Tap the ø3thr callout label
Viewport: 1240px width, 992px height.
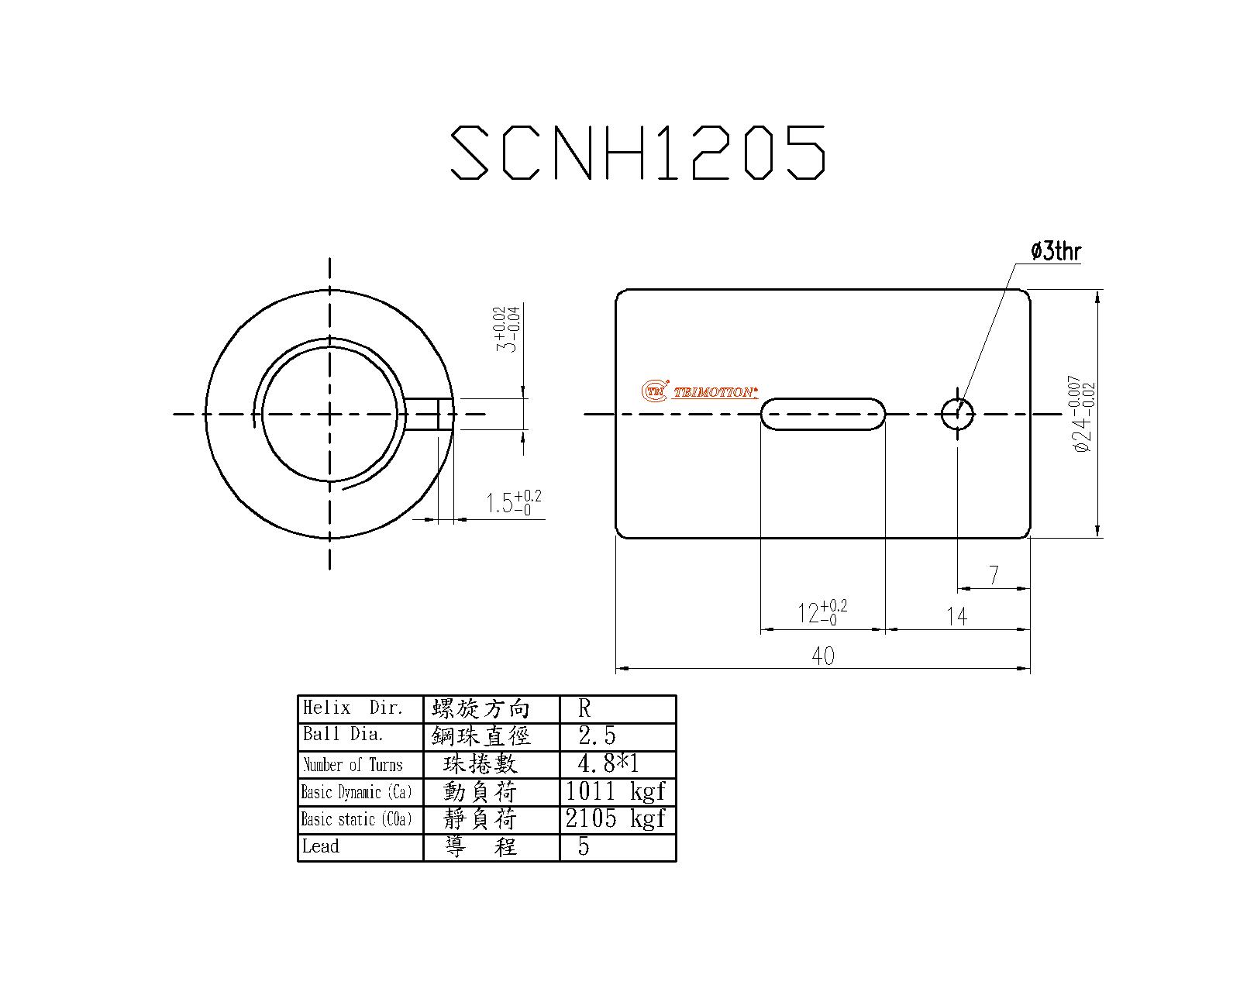(1055, 251)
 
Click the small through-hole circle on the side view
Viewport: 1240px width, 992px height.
(958, 414)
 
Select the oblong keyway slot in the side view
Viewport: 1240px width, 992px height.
(822, 414)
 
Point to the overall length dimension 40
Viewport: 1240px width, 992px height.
(823, 656)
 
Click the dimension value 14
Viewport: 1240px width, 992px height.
(957, 616)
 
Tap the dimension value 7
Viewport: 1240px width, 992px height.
(994, 575)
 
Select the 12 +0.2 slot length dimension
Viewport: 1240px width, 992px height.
(821, 612)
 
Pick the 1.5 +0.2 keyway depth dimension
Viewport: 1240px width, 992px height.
(512, 503)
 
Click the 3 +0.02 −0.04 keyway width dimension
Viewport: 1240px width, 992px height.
(505, 329)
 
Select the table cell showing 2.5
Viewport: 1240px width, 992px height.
(597, 735)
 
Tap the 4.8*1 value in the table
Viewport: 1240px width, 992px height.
(608, 763)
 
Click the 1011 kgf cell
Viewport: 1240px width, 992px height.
(616, 791)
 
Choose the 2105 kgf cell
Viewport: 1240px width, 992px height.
(616, 818)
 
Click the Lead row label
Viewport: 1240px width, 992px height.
(322, 846)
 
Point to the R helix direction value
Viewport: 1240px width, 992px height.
(585, 708)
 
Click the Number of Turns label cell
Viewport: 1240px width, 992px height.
(353, 765)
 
